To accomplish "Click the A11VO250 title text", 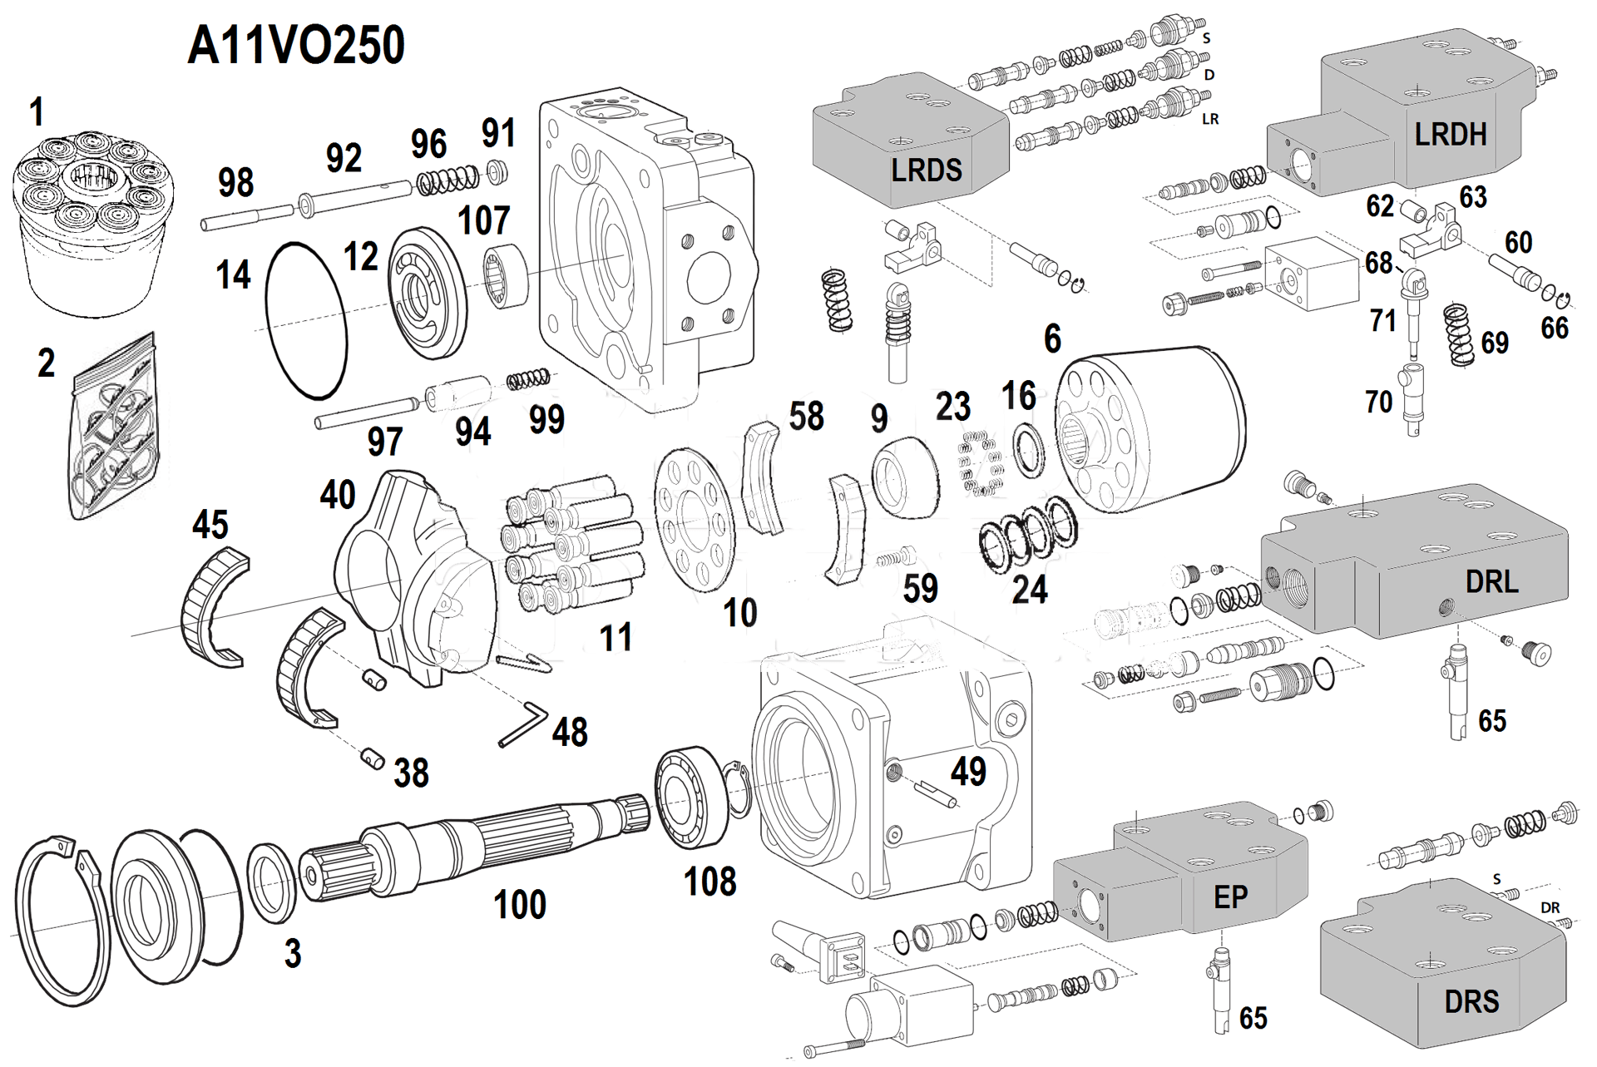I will coord(296,46).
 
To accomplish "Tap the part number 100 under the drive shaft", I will coord(519,905).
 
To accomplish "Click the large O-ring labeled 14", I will coord(305,320).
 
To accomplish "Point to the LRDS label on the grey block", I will coord(926,170).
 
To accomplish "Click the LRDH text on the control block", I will coord(1450,135).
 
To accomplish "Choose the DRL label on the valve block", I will coord(1491,582).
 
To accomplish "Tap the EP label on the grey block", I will coord(1230,897).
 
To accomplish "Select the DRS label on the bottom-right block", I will coord(1471,1001).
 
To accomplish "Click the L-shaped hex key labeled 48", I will coord(522,725).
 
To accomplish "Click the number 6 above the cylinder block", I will coord(1052,338).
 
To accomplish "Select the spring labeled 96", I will coord(447,179).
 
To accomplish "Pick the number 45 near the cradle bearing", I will coord(210,525).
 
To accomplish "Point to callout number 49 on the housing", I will coord(968,772).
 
